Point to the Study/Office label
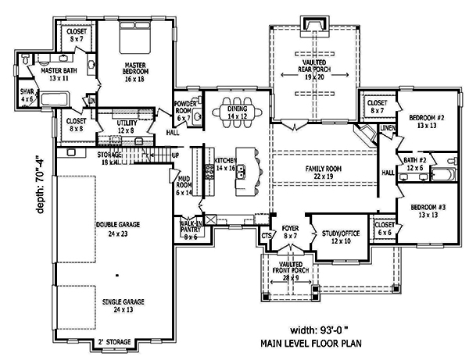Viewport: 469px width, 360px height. [335, 237]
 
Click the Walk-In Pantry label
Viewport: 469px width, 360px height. [190, 229]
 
